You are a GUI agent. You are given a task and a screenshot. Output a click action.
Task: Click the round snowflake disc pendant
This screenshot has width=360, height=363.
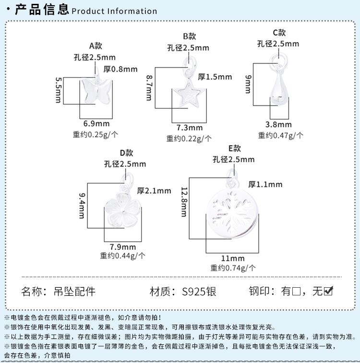click(232, 213)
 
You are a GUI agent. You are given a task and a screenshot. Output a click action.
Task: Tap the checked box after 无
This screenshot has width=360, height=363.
click(328, 291)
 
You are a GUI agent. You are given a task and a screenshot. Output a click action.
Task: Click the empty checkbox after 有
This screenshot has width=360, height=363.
click(296, 291)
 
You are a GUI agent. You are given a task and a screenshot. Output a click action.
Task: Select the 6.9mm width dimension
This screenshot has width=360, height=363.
click(96, 124)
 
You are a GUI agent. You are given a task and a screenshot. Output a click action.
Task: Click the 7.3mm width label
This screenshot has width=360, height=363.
click(190, 128)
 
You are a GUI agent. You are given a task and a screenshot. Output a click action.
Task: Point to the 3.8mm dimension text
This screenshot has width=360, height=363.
click(278, 125)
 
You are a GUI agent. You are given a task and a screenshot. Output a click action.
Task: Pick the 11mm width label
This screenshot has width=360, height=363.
click(233, 258)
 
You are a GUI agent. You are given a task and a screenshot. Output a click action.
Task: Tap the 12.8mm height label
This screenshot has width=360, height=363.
click(184, 202)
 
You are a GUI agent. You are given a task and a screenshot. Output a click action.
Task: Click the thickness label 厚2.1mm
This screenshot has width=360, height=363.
click(154, 191)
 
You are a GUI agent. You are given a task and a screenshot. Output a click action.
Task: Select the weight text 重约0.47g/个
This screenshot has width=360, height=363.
click(280, 135)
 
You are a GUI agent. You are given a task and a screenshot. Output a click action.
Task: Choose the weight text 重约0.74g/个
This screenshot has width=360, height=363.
click(233, 268)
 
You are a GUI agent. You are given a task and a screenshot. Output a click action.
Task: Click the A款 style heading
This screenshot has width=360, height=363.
click(96, 46)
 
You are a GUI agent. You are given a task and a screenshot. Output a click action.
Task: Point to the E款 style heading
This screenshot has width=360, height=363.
click(234, 148)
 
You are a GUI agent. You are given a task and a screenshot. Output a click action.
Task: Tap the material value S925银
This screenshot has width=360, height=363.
click(199, 292)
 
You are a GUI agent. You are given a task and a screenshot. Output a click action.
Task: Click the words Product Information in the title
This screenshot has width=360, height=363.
click(114, 11)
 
